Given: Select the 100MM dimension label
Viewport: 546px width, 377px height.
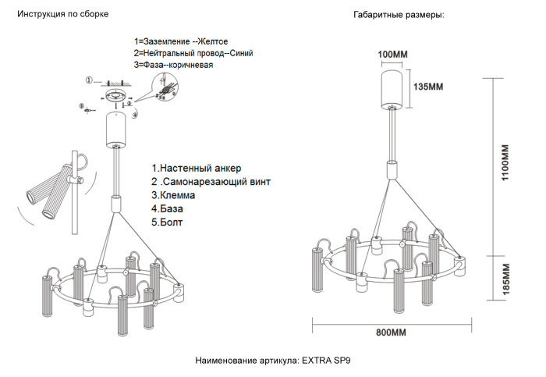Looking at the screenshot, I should pos(393,54).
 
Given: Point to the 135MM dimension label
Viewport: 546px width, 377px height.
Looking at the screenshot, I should pos(429,86).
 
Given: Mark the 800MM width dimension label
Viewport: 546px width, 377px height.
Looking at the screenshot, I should pos(391,333).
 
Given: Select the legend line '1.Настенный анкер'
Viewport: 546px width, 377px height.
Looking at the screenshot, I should pos(197,168).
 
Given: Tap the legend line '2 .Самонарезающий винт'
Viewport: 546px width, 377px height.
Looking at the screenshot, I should pos(211,182).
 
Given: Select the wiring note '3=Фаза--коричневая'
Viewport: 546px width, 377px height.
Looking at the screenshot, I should pos(173,66).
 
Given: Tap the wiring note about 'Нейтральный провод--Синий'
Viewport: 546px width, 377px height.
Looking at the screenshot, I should pos(193,53).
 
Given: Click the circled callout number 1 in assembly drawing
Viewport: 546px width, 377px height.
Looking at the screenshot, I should pos(89,80).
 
